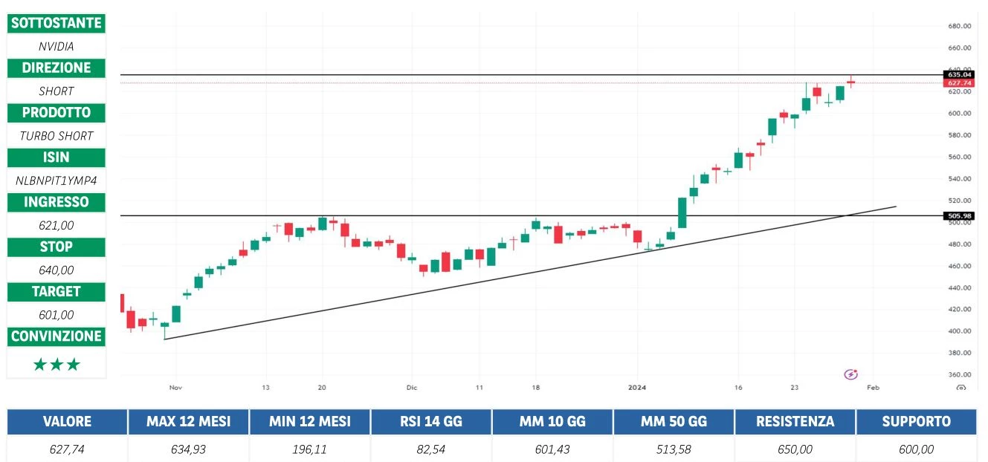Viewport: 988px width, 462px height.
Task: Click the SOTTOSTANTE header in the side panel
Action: click(x=56, y=23)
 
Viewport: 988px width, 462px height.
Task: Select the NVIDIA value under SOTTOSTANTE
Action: click(x=56, y=46)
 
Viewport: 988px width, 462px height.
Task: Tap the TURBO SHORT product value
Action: click(x=56, y=136)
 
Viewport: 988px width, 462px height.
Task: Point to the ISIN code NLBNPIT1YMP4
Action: click(x=56, y=180)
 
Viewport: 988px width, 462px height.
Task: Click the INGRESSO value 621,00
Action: click(x=56, y=225)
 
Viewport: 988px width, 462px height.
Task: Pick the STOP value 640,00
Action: click(x=56, y=270)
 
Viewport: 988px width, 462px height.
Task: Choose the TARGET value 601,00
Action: click(x=56, y=314)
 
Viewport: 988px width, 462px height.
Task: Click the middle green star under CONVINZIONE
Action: click(x=56, y=365)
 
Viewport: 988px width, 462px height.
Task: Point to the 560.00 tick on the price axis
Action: click(x=960, y=157)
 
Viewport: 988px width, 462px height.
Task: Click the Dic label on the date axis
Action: click(x=412, y=387)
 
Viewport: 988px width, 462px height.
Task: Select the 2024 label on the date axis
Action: click(x=637, y=387)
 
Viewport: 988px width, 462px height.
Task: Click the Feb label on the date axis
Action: click(x=873, y=387)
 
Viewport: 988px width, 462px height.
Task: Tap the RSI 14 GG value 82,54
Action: click(x=431, y=449)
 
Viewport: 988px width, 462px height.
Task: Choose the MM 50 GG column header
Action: click(x=674, y=421)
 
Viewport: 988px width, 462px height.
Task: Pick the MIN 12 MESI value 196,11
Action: click(x=309, y=449)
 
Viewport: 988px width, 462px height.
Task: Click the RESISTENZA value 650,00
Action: click(x=795, y=449)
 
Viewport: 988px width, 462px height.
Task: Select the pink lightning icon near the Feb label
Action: click(x=851, y=374)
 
